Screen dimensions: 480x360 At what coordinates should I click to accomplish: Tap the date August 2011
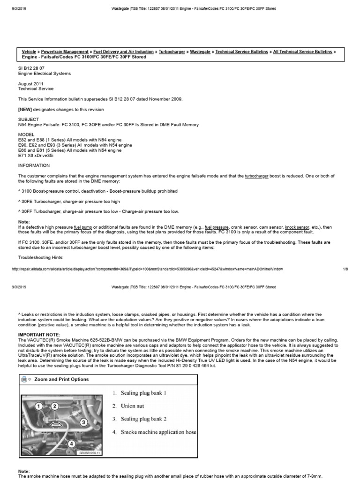point(31,83)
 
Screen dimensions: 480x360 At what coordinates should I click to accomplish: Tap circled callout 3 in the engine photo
point(84,422)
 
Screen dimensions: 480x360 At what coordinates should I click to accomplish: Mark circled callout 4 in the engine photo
point(72,443)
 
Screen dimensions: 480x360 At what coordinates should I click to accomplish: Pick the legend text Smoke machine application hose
point(158,432)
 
